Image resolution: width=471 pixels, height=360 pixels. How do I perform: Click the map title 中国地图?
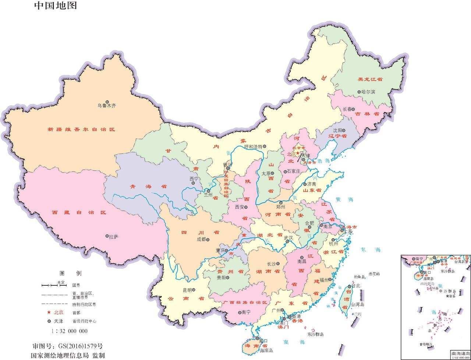[56, 6]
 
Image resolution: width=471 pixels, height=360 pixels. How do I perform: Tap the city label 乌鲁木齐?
[107, 106]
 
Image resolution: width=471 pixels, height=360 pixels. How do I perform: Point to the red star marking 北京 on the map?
[298, 153]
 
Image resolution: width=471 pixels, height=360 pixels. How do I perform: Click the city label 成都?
[201, 239]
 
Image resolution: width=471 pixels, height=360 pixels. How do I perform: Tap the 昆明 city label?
[187, 290]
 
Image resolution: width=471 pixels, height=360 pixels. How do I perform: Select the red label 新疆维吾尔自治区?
[81, 129]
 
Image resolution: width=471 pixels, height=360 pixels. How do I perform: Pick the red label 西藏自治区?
[79, 213]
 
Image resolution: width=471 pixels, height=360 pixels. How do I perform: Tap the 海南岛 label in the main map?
[266, 350]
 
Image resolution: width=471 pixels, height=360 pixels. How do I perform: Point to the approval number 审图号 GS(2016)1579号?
[68, 346]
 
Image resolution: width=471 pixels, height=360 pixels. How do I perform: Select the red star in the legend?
[49, 312]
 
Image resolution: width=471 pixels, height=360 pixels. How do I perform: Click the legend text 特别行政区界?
[84, 304]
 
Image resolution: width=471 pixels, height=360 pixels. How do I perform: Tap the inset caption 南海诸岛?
[460, 353]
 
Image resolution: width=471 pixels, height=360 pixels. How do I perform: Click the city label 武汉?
[288, 238]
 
